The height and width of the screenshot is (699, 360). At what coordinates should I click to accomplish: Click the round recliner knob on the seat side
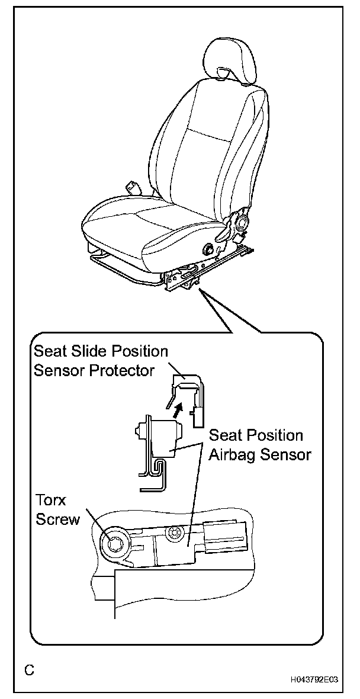pyautogui.click(x=241, y=224)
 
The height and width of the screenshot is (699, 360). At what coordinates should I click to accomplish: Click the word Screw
pyautogui.click(x=57, y=520)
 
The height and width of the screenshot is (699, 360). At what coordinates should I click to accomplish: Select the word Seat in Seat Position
pyautogui.click(x=225, y=437)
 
